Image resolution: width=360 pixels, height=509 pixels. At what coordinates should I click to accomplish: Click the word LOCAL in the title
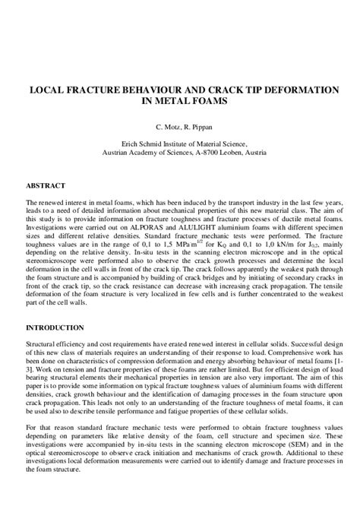47,89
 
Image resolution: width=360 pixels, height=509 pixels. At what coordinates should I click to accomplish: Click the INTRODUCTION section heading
55,327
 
